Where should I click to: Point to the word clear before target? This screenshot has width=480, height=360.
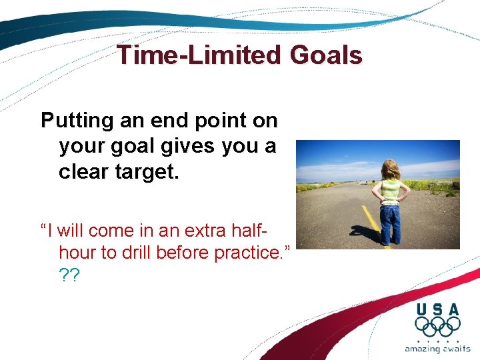click(82, 171)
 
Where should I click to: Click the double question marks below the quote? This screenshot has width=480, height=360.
click(69, 275)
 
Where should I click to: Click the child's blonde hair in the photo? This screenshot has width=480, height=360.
click(390, 169)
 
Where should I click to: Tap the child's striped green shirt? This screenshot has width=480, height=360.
click(391, 191)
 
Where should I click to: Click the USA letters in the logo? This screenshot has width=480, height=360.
click(437, 309)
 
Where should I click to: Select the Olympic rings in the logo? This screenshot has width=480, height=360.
click(437, 327)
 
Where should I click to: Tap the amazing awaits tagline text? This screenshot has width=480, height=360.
click(437, 348)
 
